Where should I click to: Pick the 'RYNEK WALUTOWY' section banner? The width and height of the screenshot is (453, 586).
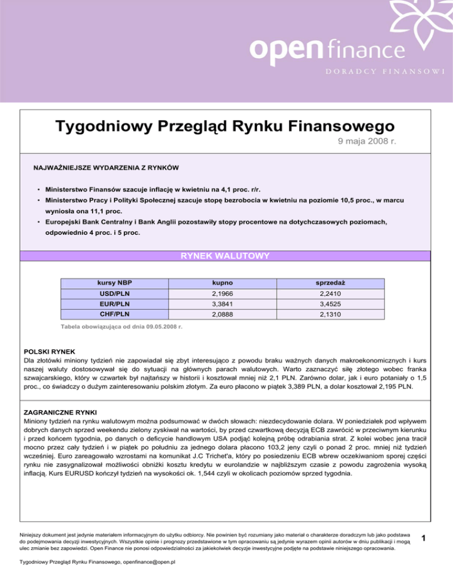[x=226, y=256]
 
